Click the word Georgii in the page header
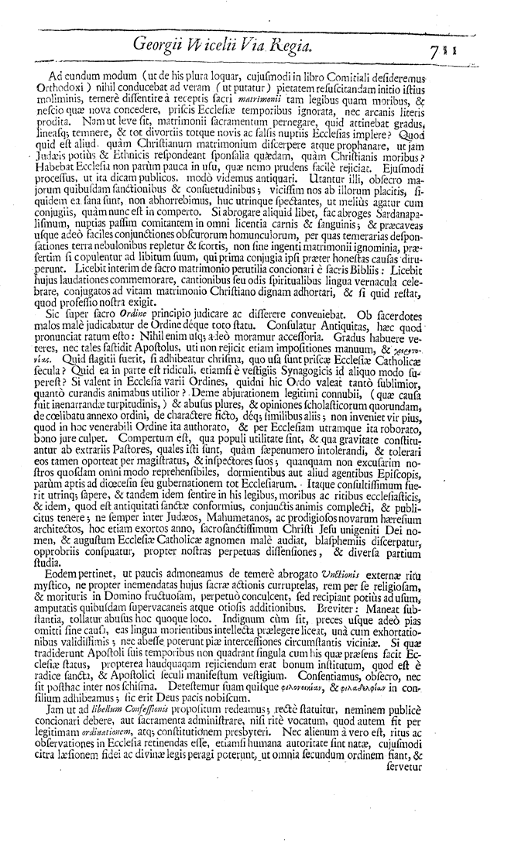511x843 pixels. point(164,46)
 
